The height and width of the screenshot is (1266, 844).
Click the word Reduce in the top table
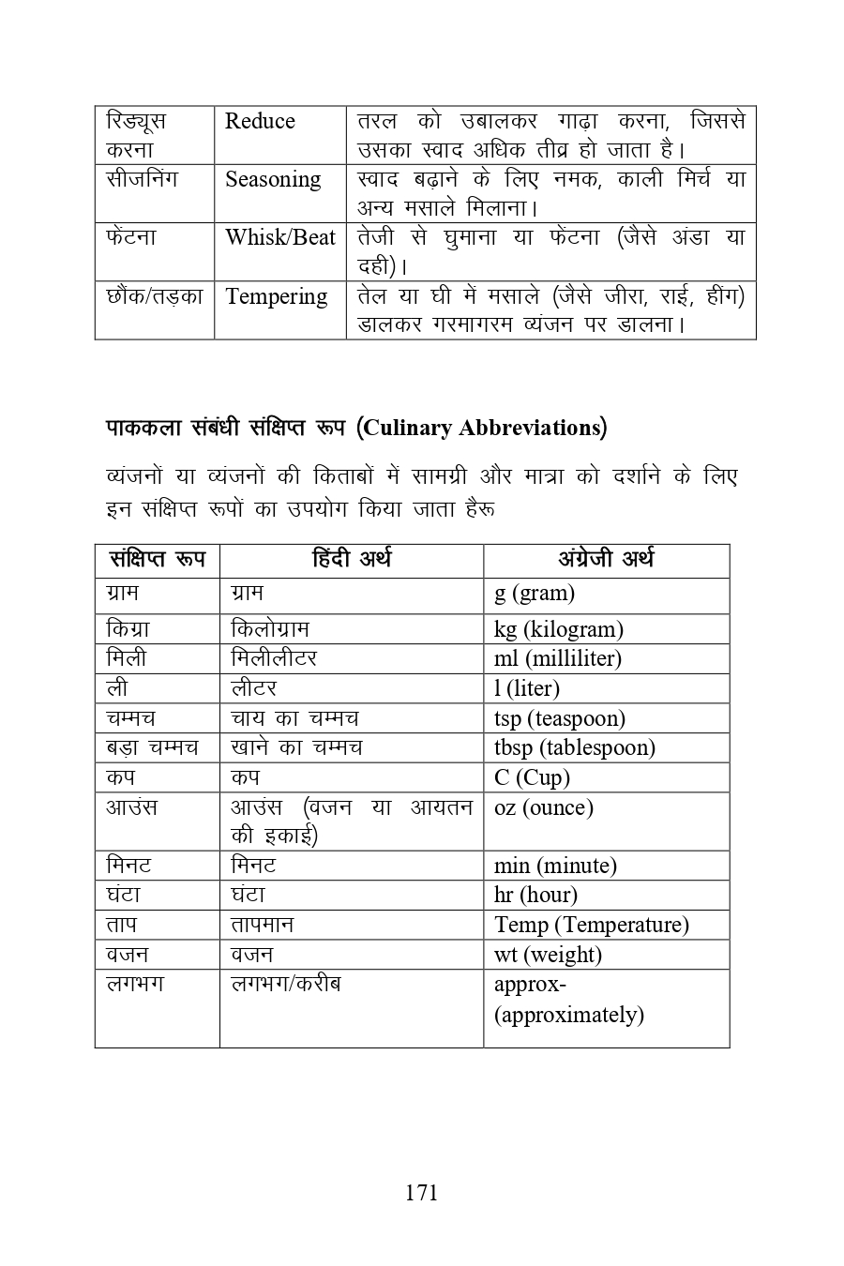tap(260, 122)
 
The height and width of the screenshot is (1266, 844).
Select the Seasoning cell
tap(273, 180)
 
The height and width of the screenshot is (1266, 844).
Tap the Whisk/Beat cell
tap(279, 238)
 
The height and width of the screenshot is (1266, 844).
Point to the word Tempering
tap(276, 297)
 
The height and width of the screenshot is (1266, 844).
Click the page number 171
tap(421, 1192)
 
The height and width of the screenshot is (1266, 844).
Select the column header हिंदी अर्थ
tap(351, 560)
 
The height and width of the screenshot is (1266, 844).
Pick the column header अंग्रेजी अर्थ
tap(606, 560)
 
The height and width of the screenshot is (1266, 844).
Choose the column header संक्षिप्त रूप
tap(157, 560)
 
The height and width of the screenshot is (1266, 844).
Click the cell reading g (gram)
tap(535, 594)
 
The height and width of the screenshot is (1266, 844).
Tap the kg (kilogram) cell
tap(558, 629)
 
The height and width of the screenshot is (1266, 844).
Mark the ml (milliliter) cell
tap(557, 659)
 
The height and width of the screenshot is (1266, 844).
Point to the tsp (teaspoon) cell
tap(559, 719)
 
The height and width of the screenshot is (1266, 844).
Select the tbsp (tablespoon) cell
tap(574, 748)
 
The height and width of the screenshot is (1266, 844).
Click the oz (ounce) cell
tap(543, 808)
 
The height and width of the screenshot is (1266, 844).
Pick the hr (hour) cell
tap(535, 896)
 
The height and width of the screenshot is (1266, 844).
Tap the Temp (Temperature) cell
tap(591, 926)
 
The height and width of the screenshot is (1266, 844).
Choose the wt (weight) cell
tap(548, 956)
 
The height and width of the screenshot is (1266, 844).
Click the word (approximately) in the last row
tap(568, 1016)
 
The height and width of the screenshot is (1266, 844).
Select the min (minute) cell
tap(555, 867)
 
